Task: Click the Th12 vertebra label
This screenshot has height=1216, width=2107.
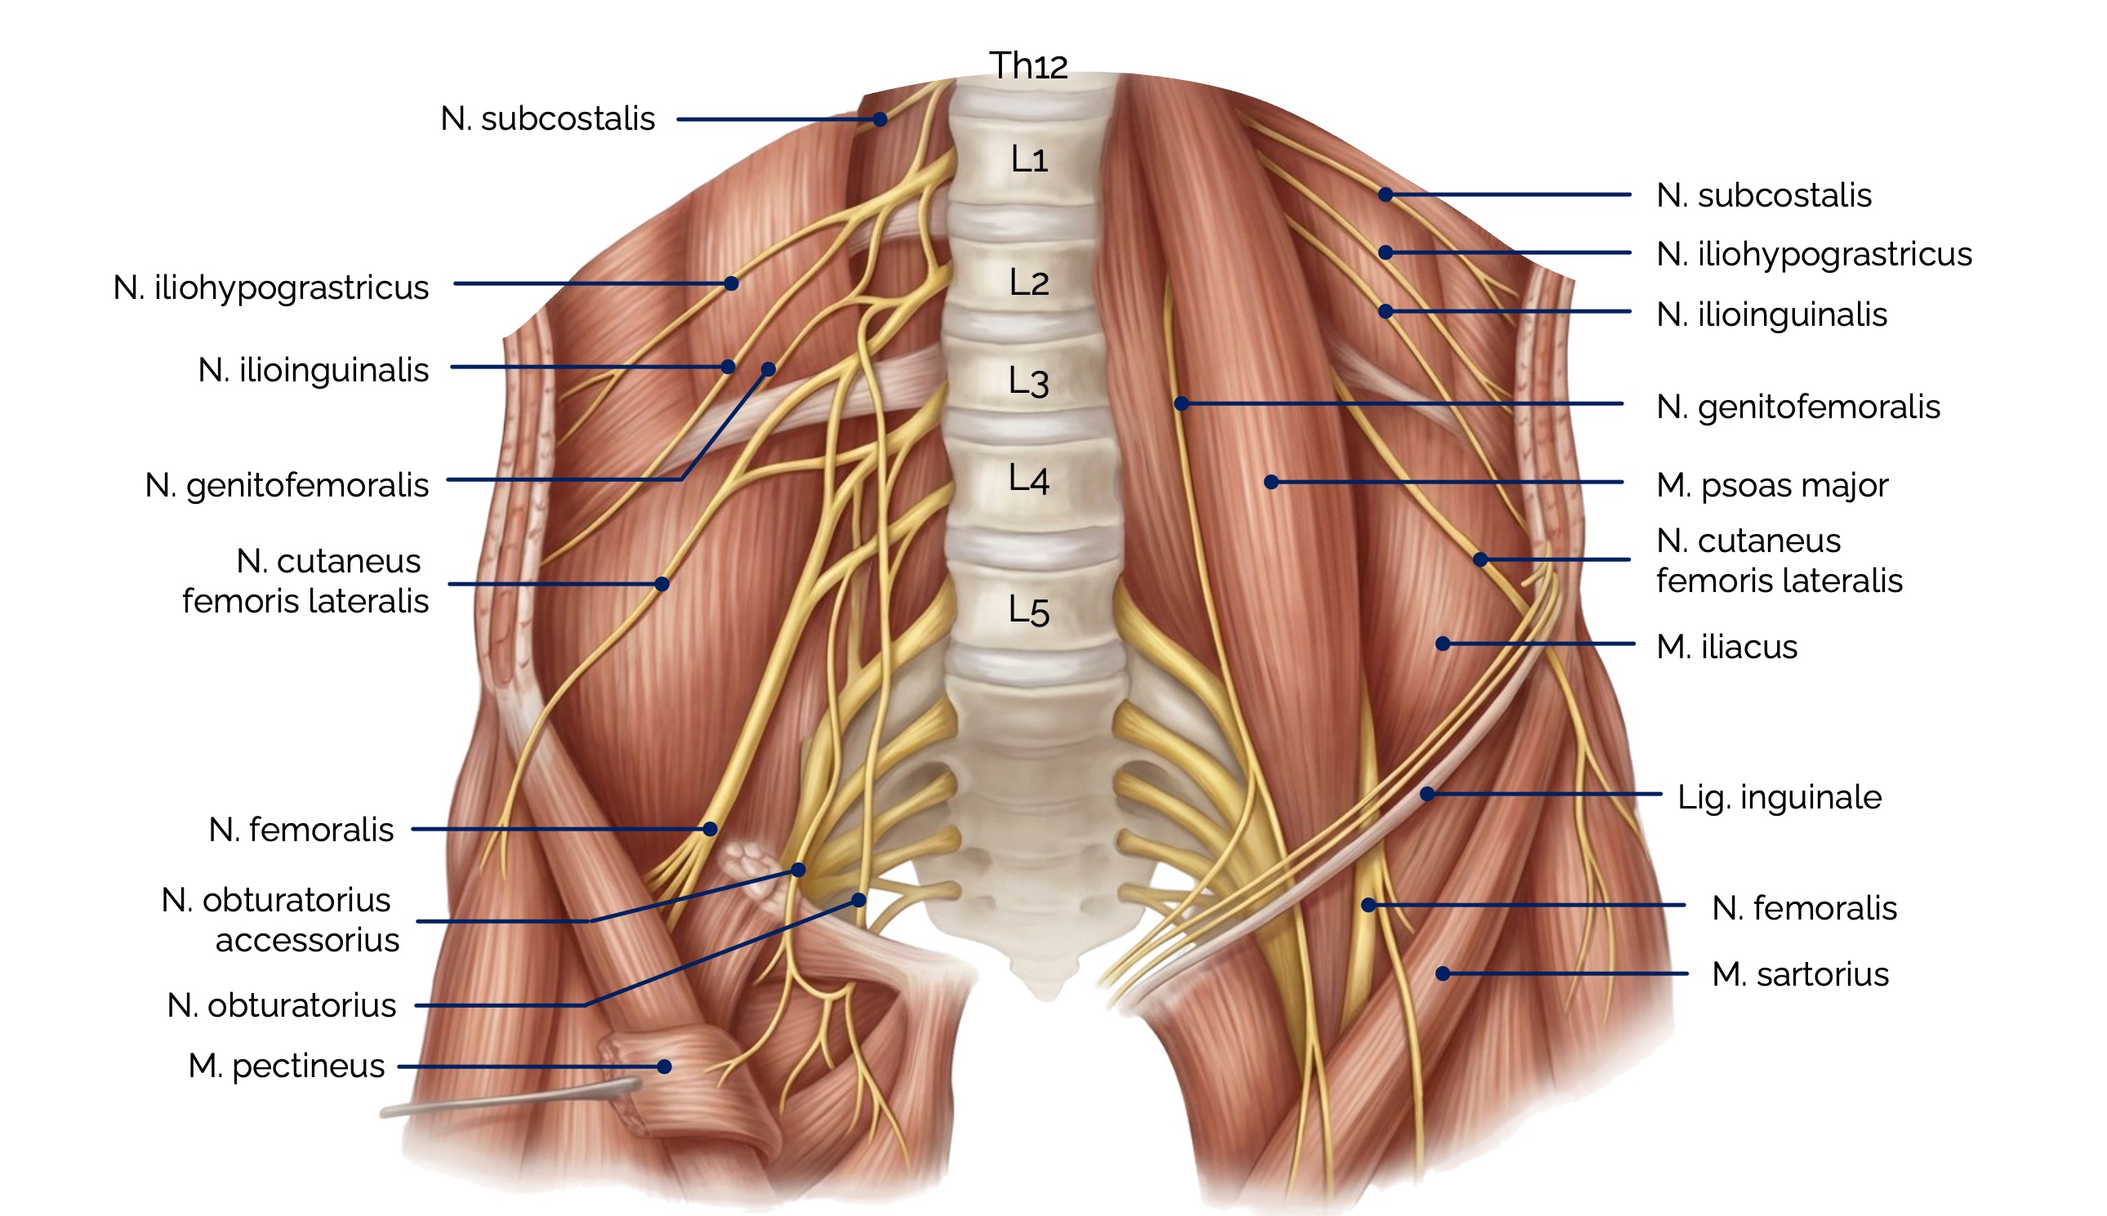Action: [x=1028, y=65]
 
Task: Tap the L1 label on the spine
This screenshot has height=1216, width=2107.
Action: [x=1029, y=158]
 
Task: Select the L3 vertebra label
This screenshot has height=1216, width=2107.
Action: [x=1028, y=381]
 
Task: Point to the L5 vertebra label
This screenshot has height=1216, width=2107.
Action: [x=1028, y=611]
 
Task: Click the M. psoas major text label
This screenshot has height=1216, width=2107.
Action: [x=1771, y=485]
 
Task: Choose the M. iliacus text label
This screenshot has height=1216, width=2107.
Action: [x=1726, y=648]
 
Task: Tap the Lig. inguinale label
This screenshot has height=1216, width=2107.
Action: [x=1779, y=798]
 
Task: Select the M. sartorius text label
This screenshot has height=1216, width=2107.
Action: [x=1800, y=974]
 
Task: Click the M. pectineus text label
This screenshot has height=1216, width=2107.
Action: [x=287, y=1067]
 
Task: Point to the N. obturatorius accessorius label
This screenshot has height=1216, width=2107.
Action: [x=280, y=920]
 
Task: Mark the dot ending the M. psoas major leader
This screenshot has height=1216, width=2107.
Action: [x=1271, y=482]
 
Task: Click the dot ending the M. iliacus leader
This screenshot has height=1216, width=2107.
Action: [x=1442, y=644]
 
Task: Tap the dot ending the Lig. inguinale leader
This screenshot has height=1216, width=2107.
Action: [x=1428, y=794]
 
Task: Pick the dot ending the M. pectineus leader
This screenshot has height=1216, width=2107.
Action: [x=664, y=1067]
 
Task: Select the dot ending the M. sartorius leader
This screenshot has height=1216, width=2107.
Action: [x=1442, y=973]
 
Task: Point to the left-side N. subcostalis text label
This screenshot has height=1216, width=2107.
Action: [x=548, y=118]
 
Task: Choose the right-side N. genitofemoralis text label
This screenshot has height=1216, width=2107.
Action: [x=1797, y=408]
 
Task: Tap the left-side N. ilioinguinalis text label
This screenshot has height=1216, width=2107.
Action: [x=313, y=370]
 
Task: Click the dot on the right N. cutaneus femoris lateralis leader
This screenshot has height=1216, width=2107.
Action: [x=1480, y=559]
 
